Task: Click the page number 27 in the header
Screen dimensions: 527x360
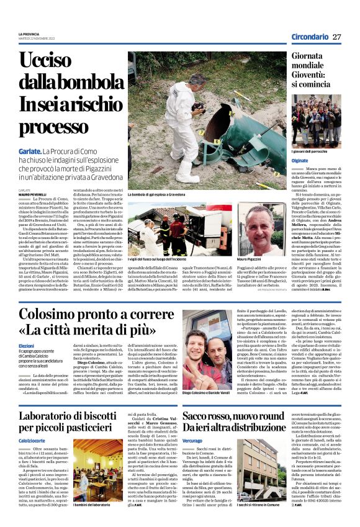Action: click(x=336, y=37)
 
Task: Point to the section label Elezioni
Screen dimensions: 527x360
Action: click(x=27, y=345)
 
